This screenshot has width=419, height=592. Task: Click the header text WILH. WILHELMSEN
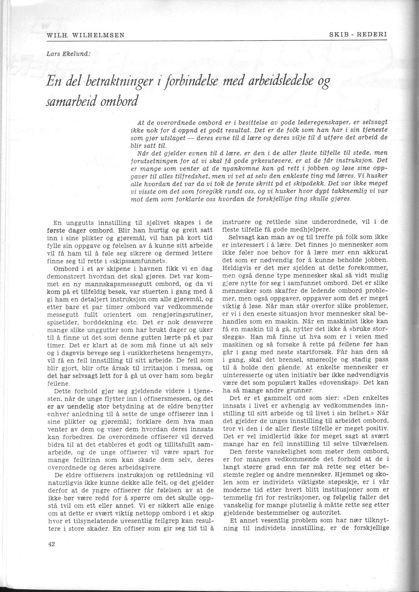(x=85, y=35)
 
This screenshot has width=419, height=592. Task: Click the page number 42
(x=52, y=544)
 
